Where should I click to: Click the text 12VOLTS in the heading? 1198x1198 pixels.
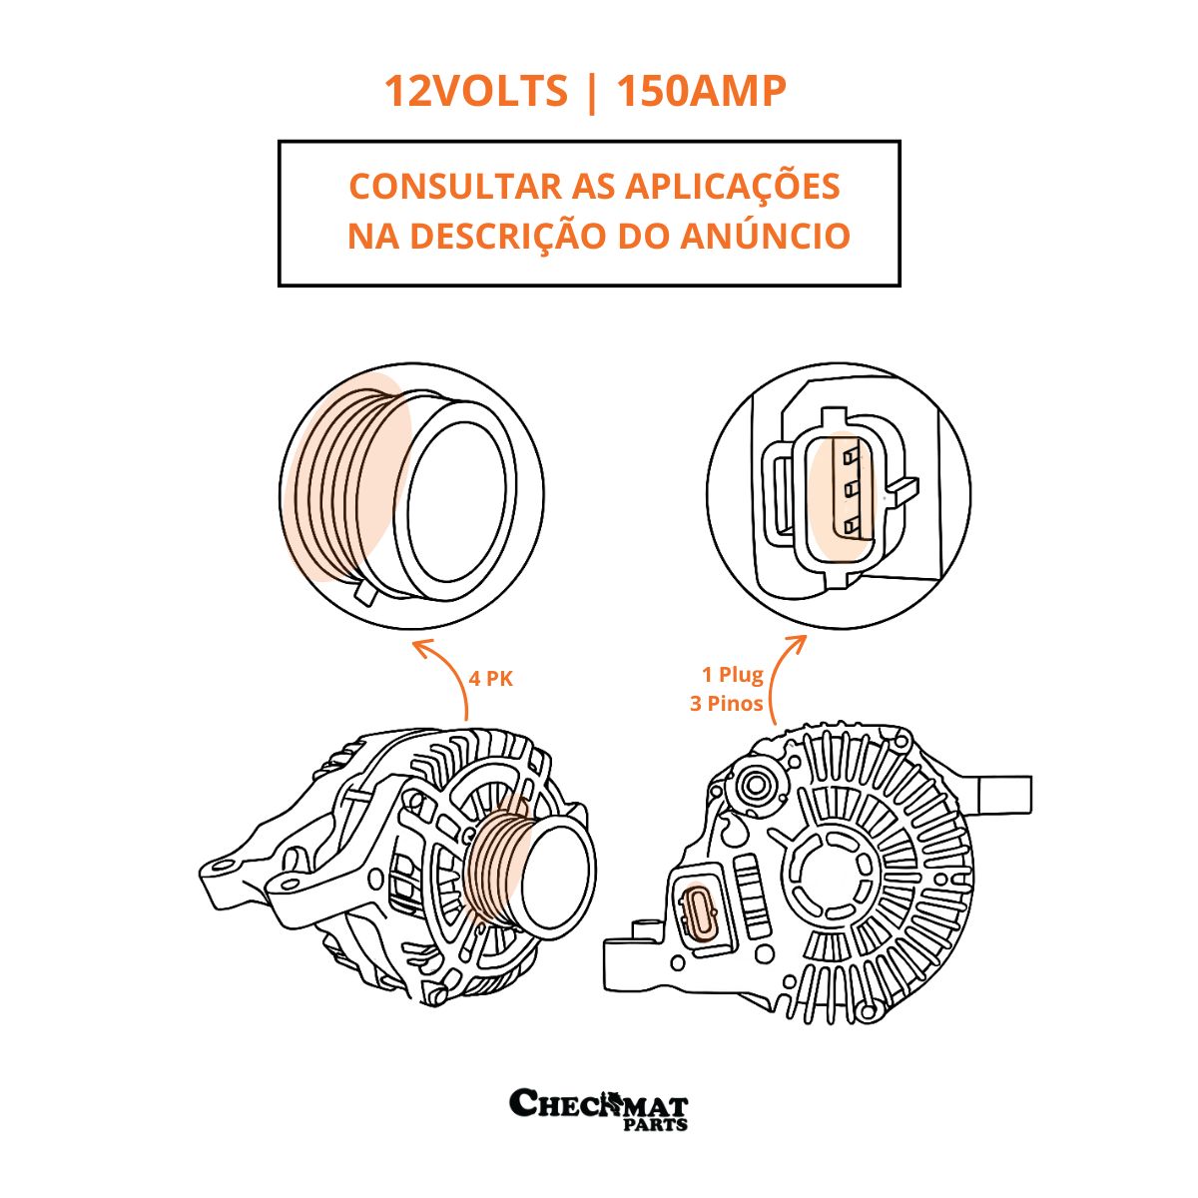(475, 91)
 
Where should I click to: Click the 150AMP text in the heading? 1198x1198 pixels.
(701, 91)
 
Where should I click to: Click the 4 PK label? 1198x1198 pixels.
(491, 680)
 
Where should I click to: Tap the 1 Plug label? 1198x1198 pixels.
(733, 675)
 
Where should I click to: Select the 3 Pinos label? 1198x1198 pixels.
(726, 704)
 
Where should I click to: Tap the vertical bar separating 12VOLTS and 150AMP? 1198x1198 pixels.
(591, 92)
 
